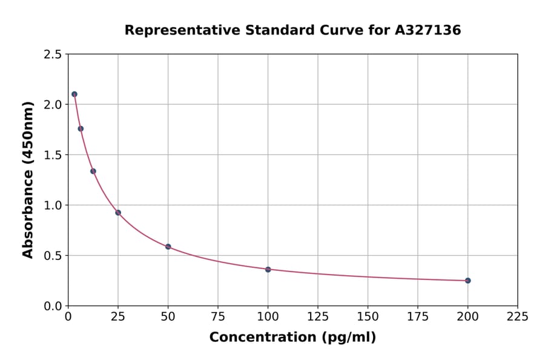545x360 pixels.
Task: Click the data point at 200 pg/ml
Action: [x=467, y=281]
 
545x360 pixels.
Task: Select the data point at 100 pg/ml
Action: [x=268, y=269]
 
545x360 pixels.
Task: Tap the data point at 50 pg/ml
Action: [x=168, y=247]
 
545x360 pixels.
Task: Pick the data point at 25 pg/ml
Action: [x=118, y=213]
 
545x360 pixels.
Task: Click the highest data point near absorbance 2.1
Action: [x=74, y=94]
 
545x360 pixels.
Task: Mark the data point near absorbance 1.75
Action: [x=81, y=128]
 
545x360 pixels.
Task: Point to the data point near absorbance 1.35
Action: [x=93, y=171]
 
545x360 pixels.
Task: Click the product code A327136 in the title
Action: [x=428, y=30]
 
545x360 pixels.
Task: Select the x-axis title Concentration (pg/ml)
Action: [x=292, y=338]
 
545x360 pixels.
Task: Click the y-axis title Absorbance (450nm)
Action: [x=28, y=179]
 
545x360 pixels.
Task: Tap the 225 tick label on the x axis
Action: [x=517, y=316]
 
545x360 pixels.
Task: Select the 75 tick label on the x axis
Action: [x=218, y=316]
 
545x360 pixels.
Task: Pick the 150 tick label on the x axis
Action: [x=368, y=316]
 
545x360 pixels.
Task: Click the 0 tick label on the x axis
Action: [x=68, y=316]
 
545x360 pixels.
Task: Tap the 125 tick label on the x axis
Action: [x=317, y=316]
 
